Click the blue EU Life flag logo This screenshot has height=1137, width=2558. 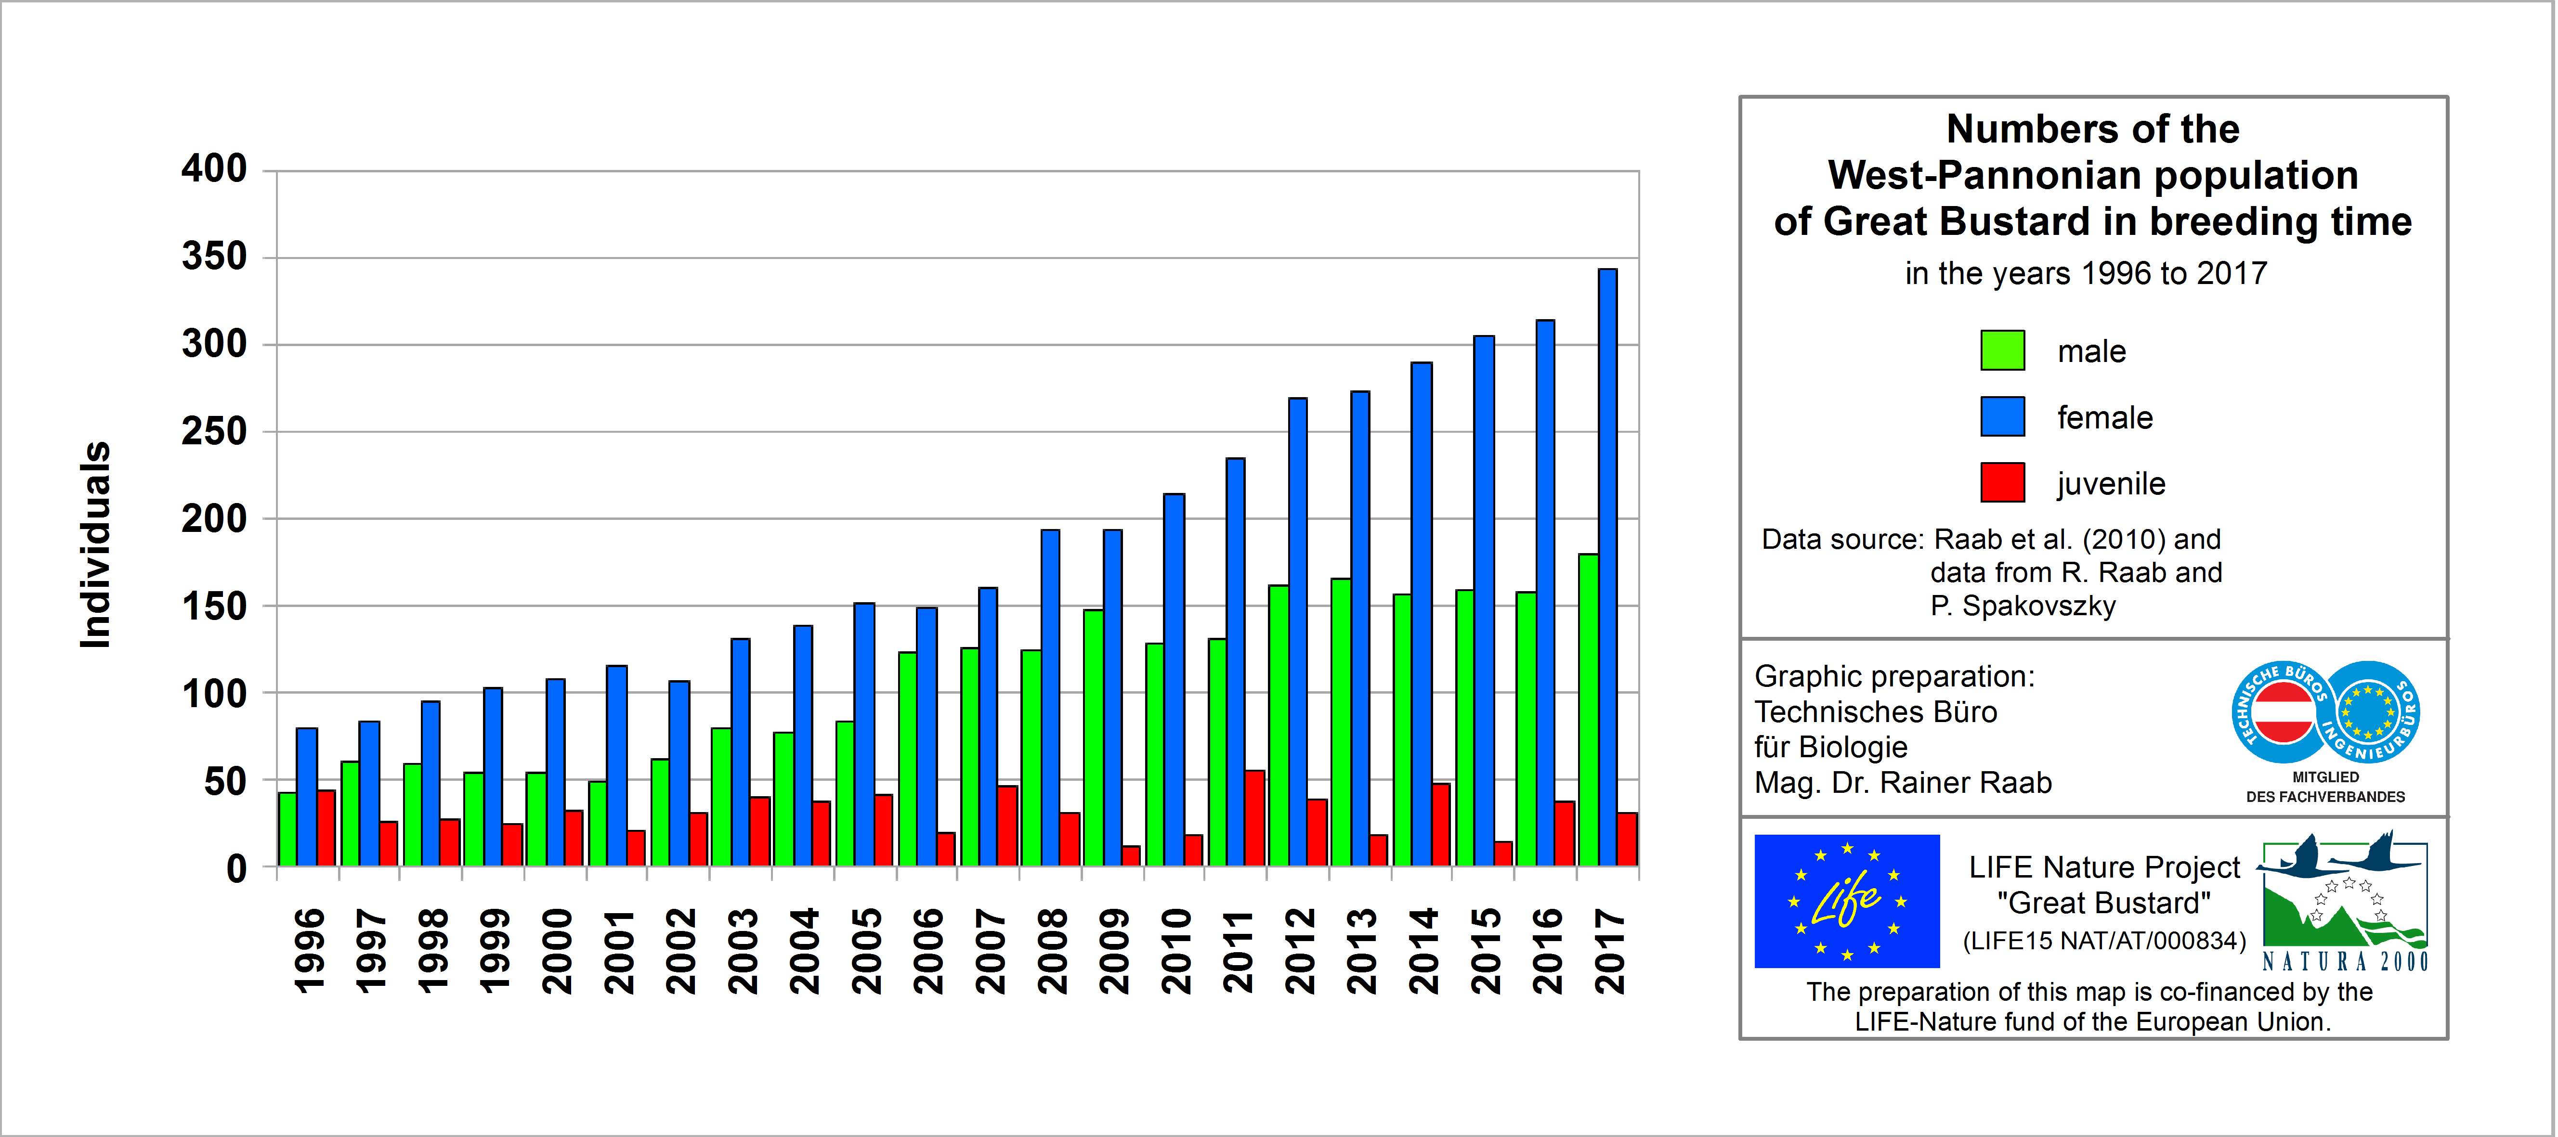click(x=1846, y=901)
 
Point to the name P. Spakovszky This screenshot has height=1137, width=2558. click(x=2023, y=606)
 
